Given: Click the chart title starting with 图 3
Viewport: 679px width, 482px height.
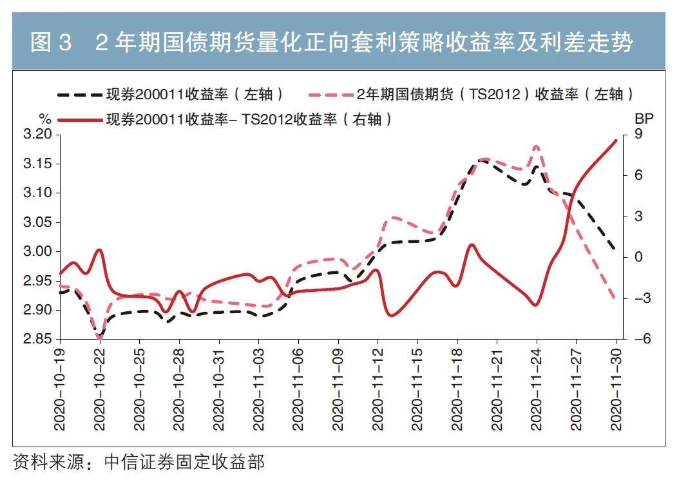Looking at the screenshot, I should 331,43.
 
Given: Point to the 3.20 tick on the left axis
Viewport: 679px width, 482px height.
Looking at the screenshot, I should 38,135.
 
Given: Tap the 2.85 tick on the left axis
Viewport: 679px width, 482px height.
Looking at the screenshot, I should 38,340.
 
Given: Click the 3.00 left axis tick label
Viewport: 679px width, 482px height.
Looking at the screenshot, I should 38,252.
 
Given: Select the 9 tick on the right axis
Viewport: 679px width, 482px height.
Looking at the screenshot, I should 638,135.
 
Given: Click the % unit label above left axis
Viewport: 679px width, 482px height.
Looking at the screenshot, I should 44,119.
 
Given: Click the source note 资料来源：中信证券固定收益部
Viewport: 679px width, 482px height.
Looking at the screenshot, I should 139,462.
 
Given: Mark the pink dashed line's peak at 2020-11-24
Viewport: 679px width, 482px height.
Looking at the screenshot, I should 537,147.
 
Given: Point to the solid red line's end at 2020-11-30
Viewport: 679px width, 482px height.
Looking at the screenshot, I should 617,140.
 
